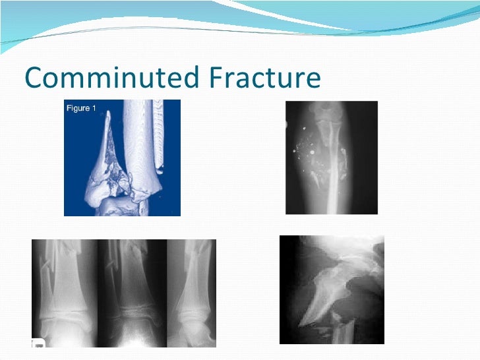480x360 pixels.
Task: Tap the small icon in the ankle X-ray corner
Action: [x=38, y=343]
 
